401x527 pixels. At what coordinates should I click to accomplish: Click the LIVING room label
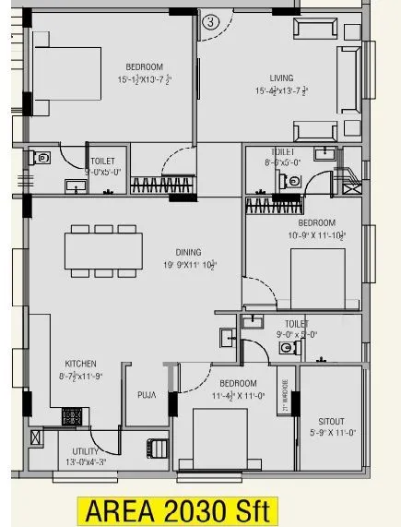point(281,78)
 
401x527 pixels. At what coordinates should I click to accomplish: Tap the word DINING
point(189,251)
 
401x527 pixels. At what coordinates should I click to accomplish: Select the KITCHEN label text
point(80,364)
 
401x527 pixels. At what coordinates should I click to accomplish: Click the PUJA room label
point(146,395)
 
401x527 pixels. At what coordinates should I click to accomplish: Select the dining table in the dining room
point(103,250)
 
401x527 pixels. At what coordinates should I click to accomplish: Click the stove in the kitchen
point(72,415)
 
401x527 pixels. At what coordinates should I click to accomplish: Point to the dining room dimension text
point(189,264)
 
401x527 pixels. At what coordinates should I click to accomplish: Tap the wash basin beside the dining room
point(227,336)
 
